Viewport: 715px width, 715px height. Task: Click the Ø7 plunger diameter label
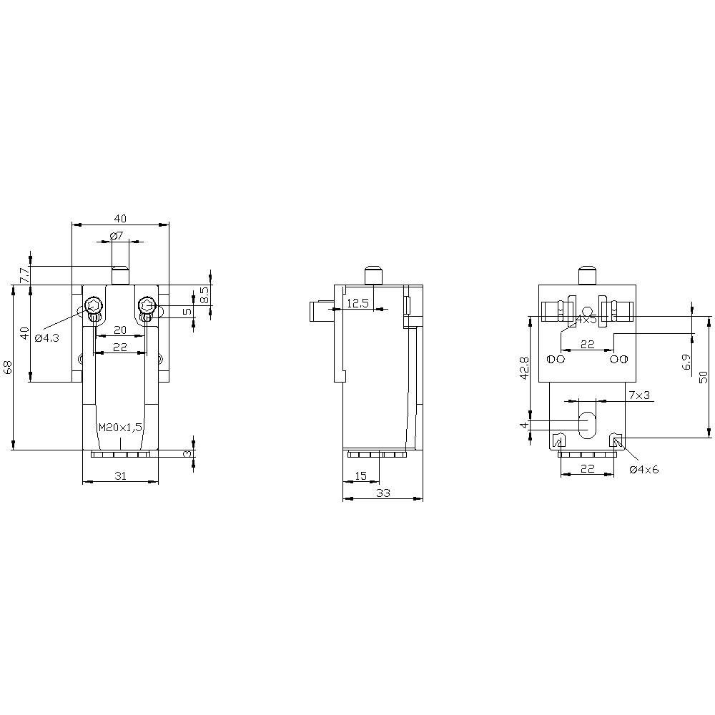tap(117, 236)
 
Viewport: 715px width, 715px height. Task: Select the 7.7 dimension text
tap(24, 275)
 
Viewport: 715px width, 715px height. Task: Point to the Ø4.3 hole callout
tap(48, 337)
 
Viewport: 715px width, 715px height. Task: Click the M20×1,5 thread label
tap(121, 427)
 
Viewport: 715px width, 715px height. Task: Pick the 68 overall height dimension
tap(8, 368)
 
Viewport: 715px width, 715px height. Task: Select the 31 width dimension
tap(121, 475)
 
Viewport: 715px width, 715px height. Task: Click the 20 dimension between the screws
tap(120, 330)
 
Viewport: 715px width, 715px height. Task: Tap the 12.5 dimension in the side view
tap(357, 303)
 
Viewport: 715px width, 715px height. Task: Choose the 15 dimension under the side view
tap(361, 475)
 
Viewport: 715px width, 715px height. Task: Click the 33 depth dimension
tap(383, 493)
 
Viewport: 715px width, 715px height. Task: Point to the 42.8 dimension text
tap(523, 368)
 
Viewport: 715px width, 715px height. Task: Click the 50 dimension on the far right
tap(704, 375)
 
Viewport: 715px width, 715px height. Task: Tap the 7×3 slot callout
tap(639, 395)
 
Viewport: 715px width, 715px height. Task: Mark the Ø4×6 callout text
tap(643, 470)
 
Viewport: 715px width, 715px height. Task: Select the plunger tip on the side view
tap(373, 275)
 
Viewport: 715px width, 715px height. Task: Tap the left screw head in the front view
tap(93, 306)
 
